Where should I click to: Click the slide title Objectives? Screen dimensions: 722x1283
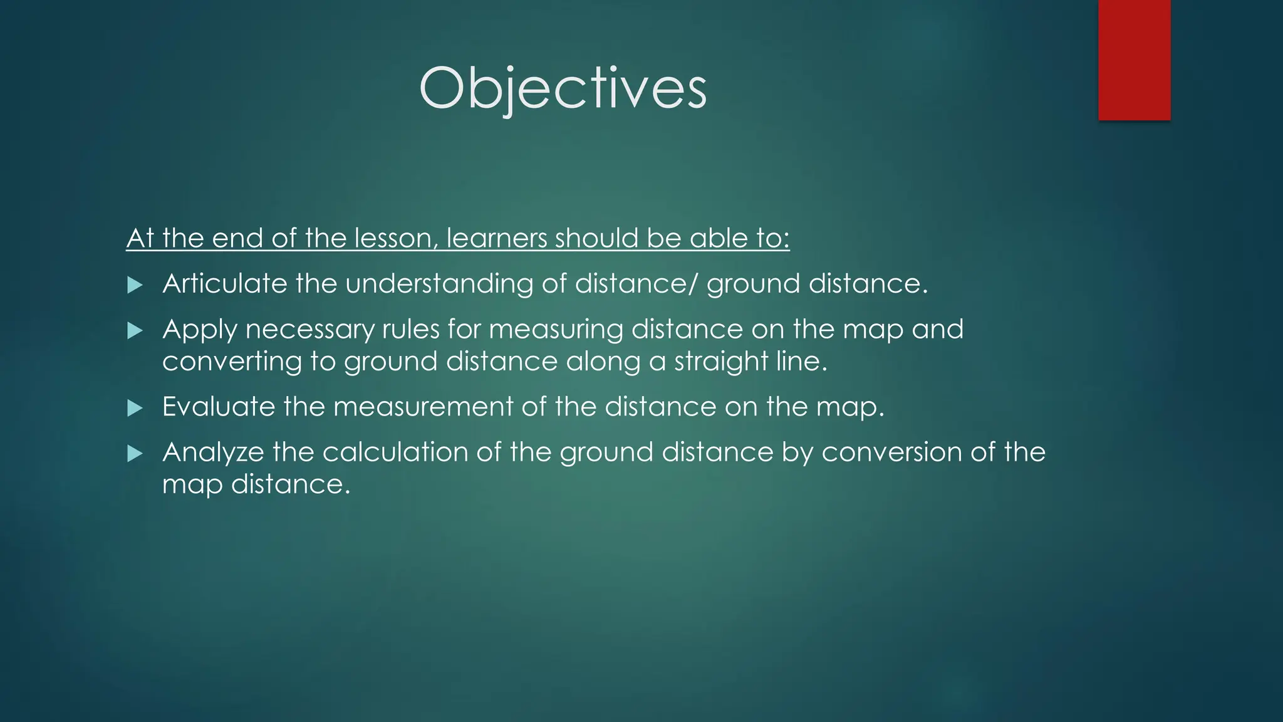click(x=563, y=89)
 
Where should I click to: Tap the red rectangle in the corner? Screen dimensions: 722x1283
click(x=1134, y=60)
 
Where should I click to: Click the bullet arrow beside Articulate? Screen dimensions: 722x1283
click(x=135, y=286)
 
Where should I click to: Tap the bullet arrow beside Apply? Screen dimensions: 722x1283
click(x=135, y=331)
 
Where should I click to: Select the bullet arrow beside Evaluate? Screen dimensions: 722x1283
click(x=135, y=409)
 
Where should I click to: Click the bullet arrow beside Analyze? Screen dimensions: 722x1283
click(x=135, y=454)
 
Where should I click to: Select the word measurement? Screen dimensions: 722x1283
click(x=423, y=407)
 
